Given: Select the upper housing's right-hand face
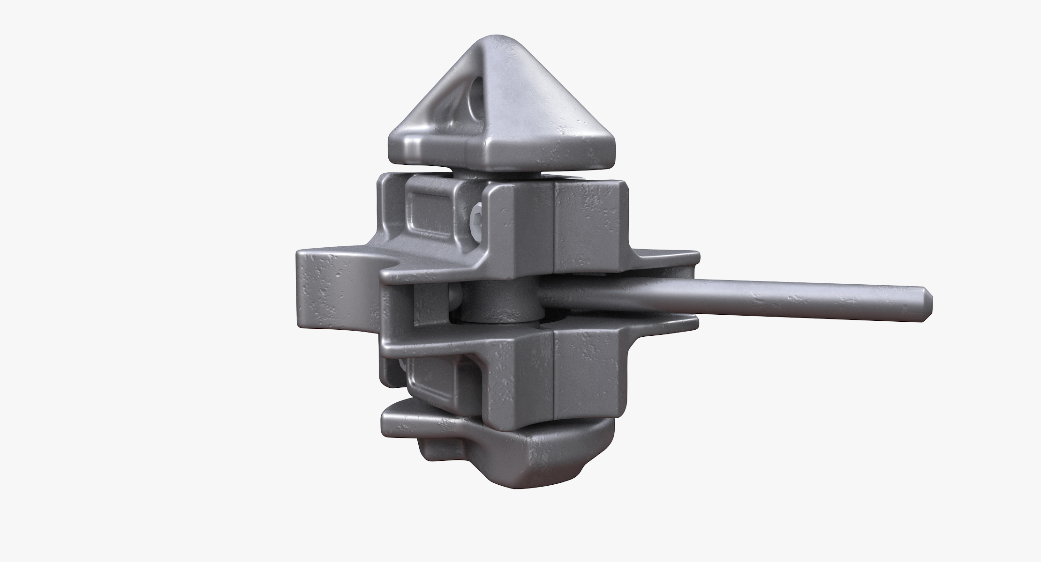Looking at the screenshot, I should [x=591, y=225].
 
